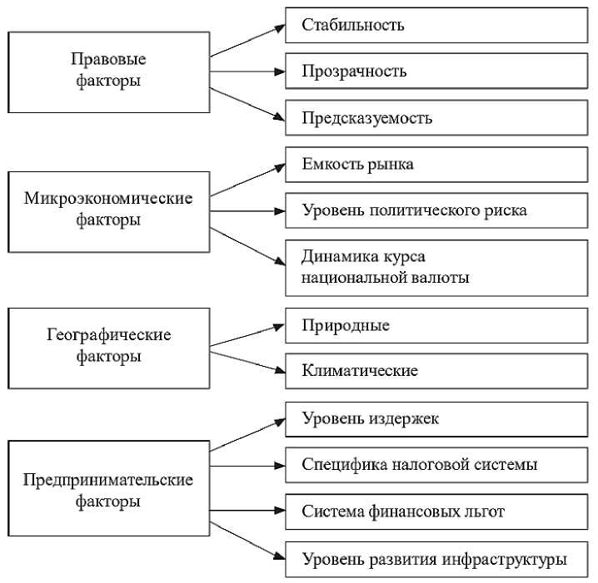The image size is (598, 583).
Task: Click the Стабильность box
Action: pos(436,25)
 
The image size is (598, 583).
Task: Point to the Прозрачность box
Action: pos(436,72)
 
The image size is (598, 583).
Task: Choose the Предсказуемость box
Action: pos(436,118)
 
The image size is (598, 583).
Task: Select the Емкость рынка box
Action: pos(436,165)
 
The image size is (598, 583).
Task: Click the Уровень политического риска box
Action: pos(436,210)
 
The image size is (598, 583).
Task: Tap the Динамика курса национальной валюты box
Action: pos(436,267)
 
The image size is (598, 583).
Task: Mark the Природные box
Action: pos(436,325)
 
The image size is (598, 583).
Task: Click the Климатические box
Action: pos(436,371)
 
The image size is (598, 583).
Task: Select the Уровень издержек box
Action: pos(436,418)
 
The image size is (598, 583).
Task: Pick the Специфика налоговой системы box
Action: pos(436,465)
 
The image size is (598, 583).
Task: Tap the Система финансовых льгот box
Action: pos(436,511)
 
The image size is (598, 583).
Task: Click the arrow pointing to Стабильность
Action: pos(247,40)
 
